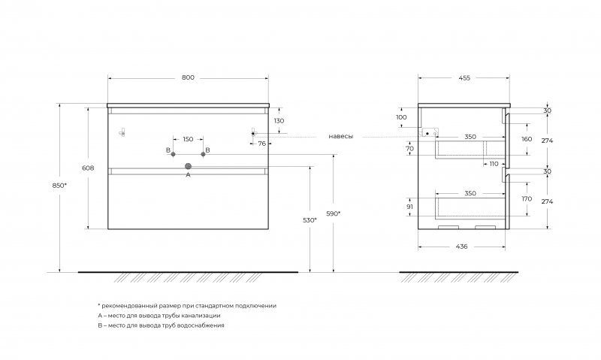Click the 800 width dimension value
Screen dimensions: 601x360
click(x=188, y=77)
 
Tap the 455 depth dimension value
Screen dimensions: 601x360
click(x=464, y=78)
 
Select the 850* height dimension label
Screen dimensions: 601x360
click(x=59, y=185)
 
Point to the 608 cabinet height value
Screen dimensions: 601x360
click(x=88, y=168)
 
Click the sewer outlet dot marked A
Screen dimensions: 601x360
click(x=188, y=166)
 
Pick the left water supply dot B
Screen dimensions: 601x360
click(x=174, y=154)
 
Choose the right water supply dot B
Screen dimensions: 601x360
click(x=203, y=154)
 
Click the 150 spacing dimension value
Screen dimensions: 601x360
click(x=188, y=139)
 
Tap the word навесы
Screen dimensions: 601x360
click(x=341, y=136)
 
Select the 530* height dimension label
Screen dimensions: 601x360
click(x=310, y=220)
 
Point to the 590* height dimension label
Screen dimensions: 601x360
click(x=333, y=213)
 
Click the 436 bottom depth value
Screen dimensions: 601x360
click(x=462, y=247)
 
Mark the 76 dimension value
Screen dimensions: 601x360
click(x=261, y=144)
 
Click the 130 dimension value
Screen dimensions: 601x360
click(x=279, y=121)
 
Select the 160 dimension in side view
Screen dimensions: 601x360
click(x=527, y=139)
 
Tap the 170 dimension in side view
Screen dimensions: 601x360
click(x=527, y=198)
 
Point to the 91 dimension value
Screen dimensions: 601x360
click(x=409, y=206)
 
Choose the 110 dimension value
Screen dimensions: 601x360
click(x=494, y=164)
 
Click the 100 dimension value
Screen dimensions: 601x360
click(x=401, y=117)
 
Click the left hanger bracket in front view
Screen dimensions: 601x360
click(x=122, y=132)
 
